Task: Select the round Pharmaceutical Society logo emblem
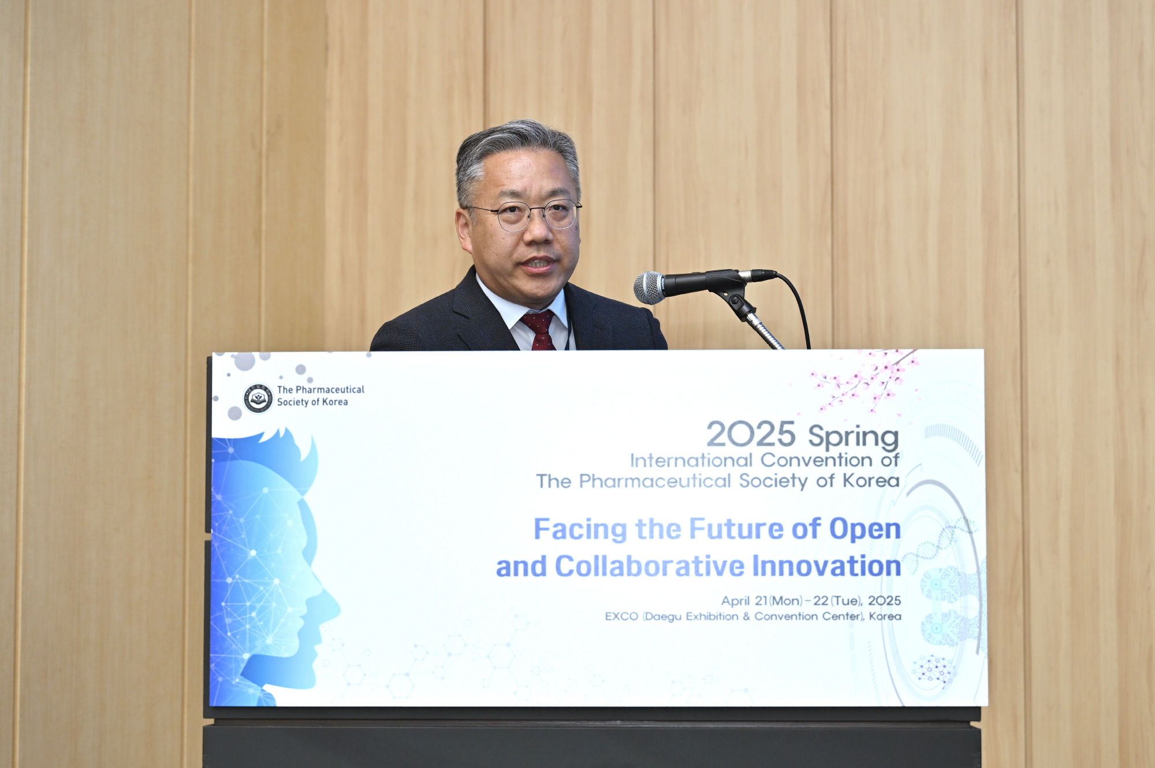(258, 398)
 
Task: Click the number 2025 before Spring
(751, 434)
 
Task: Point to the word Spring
(854, 437)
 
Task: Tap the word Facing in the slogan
(580, 529)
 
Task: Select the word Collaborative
(650, 566)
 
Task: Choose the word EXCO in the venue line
(621, 616)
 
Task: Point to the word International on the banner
(691, 460)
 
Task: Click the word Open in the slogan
(865, 530)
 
